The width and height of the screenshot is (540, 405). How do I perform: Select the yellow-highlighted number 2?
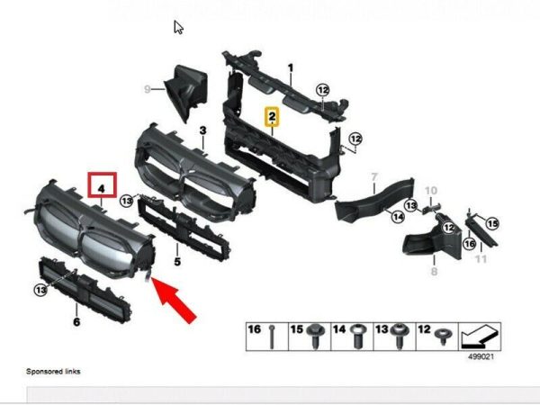[272, 117]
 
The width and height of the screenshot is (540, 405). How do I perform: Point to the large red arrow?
[174, 301]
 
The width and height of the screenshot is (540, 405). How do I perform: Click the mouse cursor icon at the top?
[178, 28]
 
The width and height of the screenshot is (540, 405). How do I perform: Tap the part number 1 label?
[291, 67]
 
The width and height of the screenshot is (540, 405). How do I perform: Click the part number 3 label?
[202, 130]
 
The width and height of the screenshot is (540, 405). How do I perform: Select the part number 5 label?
[177, 262]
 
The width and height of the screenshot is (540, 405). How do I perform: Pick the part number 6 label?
[76, 322]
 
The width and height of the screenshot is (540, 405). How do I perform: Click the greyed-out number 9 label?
[147, 89]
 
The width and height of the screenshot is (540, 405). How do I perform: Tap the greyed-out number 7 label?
[374, 177]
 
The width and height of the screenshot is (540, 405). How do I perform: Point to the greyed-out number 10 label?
[431, 191]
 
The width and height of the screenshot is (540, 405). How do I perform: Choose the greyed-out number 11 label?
[481, 258]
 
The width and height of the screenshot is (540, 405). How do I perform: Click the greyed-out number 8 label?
[434, 272]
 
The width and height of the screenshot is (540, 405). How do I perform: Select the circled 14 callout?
[398, 217]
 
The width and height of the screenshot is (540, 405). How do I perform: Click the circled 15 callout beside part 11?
[492, 224]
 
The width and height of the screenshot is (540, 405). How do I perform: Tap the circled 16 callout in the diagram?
[470, 244]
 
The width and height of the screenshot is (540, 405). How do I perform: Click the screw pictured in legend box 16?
[272, 337]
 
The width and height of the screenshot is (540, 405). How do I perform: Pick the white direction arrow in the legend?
[480, 336]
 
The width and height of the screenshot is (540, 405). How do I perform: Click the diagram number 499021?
[481, 356]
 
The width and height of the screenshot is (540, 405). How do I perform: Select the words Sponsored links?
[53, 371]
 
